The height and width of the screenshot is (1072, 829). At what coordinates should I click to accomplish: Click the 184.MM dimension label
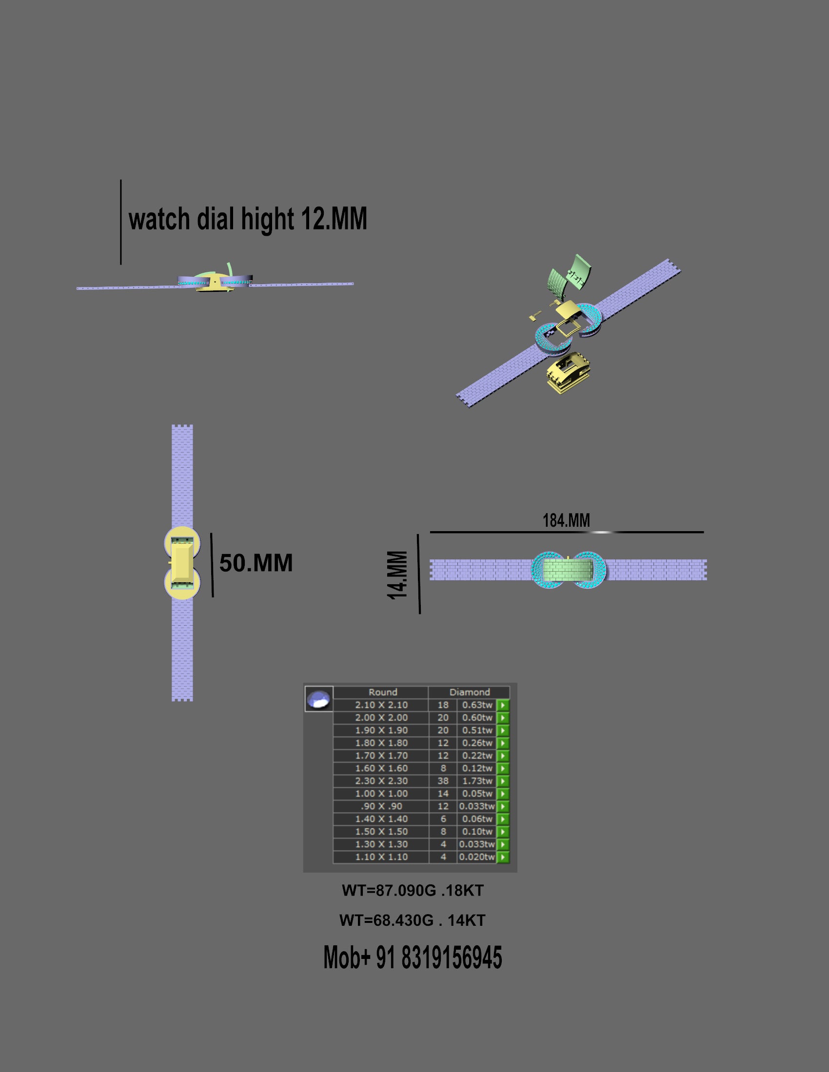coord(566,520)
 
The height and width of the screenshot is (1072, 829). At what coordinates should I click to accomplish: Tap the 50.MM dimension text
coord(256,563)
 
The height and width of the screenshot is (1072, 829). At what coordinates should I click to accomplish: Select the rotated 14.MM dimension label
coord(397,575)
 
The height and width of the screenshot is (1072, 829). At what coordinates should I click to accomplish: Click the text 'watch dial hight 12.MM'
coord(248,219)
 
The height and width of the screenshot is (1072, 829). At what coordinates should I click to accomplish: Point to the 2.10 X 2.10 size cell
coord(381,705)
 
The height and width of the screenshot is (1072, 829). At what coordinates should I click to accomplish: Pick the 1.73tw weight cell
coord(477,781)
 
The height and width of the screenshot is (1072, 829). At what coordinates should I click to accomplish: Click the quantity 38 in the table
coord(443,781)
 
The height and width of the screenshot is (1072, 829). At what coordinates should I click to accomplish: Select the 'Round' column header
coord(383,692)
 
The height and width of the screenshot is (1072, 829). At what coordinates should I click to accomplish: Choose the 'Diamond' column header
coord(470,692)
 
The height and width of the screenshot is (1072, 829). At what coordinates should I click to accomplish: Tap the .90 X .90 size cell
coord(381,806)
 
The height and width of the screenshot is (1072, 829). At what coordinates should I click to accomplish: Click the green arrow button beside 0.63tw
coord(503,705)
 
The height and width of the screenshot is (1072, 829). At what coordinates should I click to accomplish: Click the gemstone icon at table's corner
coord(319,699)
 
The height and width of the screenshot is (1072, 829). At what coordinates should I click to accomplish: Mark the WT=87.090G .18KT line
coord(413,890)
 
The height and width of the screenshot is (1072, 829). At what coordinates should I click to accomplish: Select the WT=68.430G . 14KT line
coord(413,920)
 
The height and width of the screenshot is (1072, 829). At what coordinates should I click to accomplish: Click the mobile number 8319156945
coord(452,957)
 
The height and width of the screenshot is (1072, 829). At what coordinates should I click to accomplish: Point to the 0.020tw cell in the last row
coord(477,857)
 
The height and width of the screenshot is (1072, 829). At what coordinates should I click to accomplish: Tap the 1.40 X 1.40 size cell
coord(381,819)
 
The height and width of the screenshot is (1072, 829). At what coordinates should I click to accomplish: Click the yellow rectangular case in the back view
coord(181,562)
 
